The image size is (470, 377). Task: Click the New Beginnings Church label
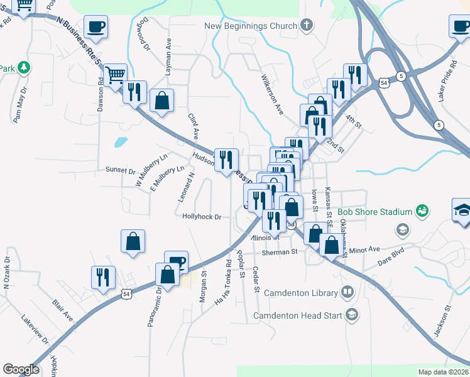251,26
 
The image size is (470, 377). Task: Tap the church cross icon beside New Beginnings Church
307,26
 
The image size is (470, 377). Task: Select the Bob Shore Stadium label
374,212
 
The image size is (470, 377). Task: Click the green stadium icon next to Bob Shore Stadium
421,212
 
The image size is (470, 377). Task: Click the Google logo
21,369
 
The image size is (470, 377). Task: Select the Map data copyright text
443,372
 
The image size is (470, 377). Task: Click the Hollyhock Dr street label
202,217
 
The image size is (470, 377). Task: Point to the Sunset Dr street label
121,170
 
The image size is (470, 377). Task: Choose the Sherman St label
279,252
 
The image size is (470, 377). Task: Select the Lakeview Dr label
36,332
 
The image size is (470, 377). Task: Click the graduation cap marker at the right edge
462,209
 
